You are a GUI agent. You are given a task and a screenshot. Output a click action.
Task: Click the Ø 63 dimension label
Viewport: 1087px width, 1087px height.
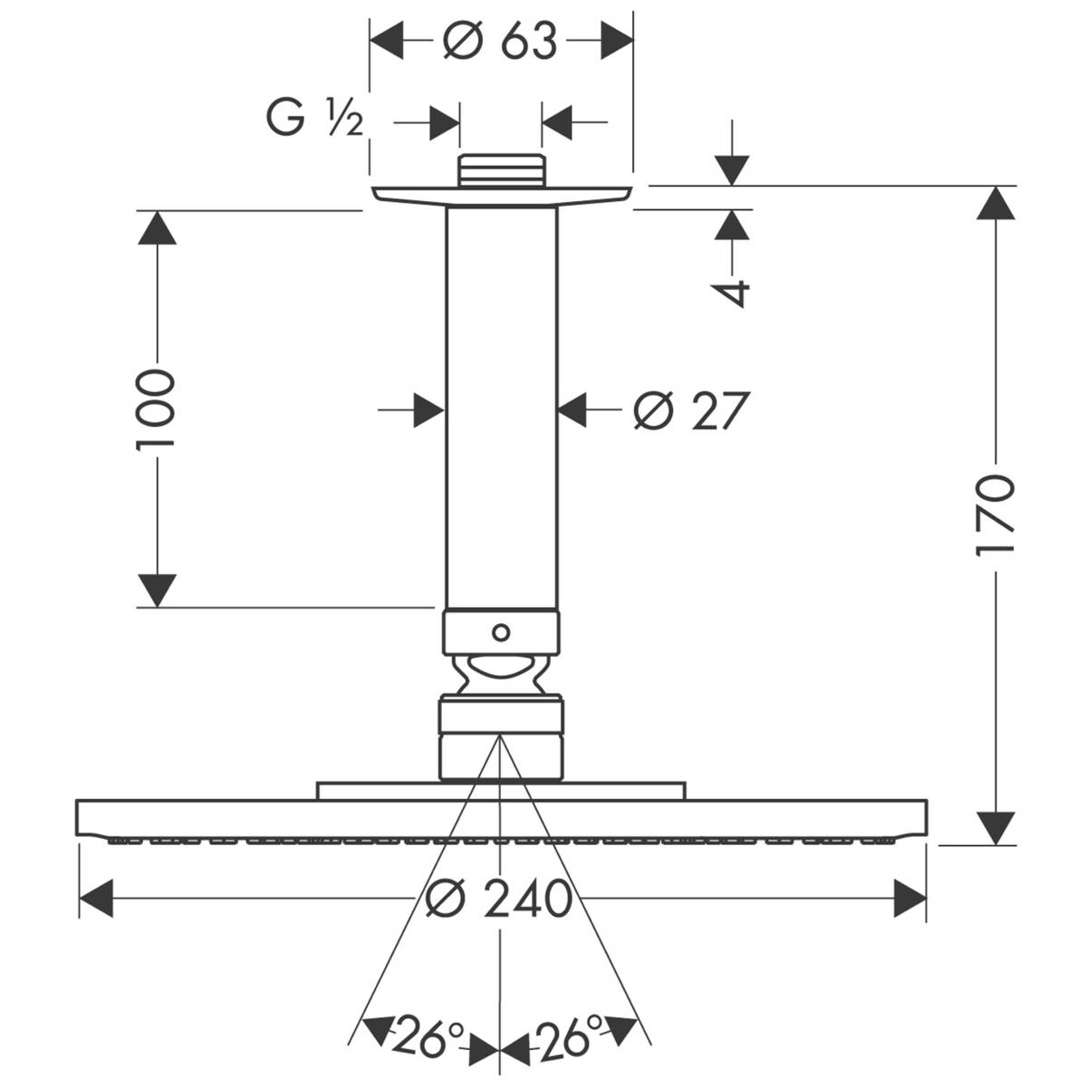(x=500, y=42)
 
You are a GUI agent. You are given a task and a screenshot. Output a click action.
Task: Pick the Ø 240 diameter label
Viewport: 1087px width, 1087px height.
(x=501, y=899)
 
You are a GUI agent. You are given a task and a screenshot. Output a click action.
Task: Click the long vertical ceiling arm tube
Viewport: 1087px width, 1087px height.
(x=501, y=408)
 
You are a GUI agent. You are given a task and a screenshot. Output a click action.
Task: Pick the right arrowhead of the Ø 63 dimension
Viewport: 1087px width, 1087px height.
(x=616, y=41)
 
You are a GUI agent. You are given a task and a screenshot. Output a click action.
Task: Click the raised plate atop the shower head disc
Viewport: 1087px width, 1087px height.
(x=501, y=790)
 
